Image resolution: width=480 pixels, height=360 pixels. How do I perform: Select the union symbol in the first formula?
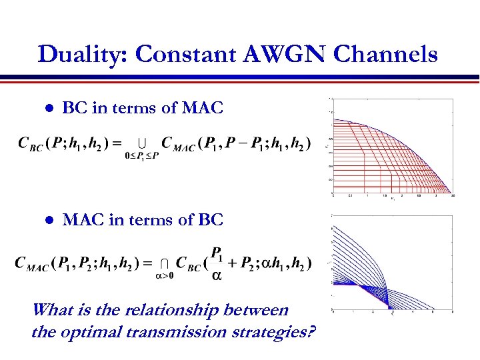coord(142,142)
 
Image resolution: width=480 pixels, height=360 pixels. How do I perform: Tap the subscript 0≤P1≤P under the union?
coord(142,157)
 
